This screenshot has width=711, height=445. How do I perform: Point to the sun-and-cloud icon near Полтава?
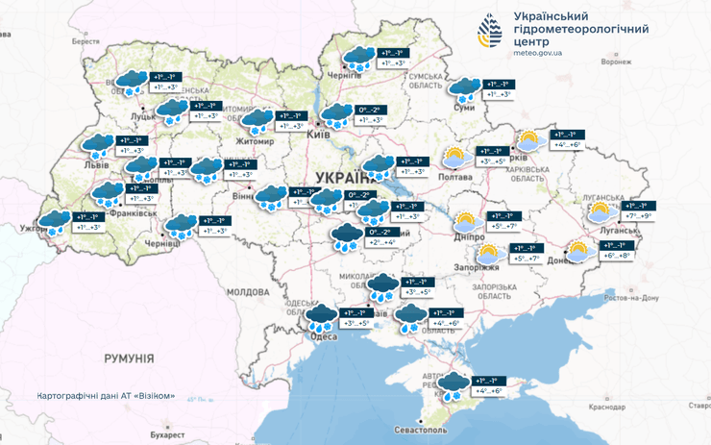pyautogui.click(x=457, y=158)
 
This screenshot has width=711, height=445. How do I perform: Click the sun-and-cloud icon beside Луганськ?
pyautogui.click(x=601, y=212)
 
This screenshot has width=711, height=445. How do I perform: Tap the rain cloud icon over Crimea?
pyautogui.click(x=453, y=386)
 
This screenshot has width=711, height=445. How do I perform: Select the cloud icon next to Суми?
pyautogui.click(x=466, y=90)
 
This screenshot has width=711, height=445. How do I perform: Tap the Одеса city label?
pyautogui.click(x=317, y=335)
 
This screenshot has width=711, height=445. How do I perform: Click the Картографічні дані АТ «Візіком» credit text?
pyautogui.click(x=106, y=395)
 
